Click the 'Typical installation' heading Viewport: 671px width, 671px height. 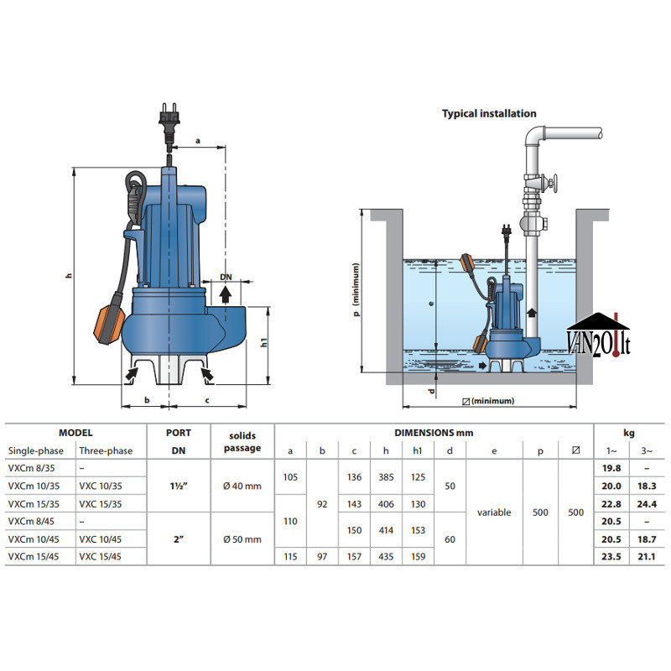[489, 113]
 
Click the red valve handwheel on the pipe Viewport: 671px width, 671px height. [552, 185]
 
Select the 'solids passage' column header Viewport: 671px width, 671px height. [242, 442]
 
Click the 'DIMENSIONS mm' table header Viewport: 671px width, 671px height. [434, 433]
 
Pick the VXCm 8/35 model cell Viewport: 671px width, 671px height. [29, 469]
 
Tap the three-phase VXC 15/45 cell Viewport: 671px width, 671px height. [100, 556]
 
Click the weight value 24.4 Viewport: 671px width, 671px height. [647, 503]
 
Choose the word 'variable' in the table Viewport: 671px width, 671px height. [494, 512]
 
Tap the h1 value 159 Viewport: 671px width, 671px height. [417, 556]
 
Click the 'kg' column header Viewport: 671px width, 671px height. [628, 433]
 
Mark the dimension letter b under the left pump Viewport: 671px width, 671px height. [147, 400]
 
